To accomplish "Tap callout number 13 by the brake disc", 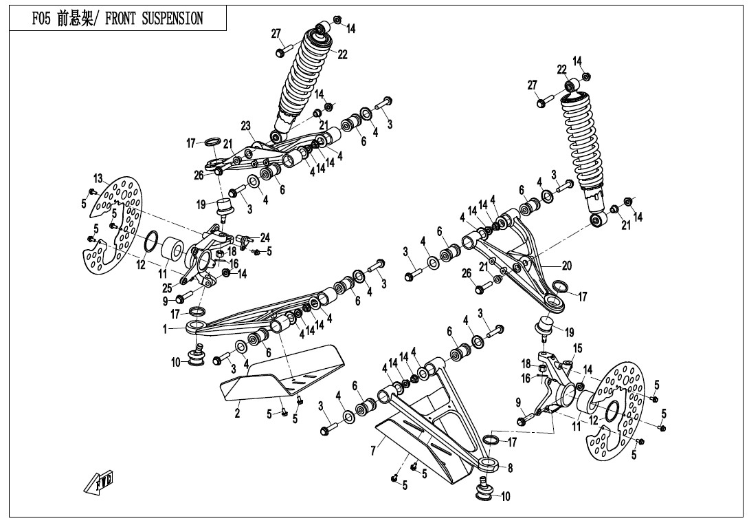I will [x=98, y=178].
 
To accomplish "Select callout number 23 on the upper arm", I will [x=246, y=126].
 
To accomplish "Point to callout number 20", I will [x=567, y=266].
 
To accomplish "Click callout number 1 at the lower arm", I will [x=165, y=330].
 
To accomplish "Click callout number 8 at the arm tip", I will [x=509, y=468].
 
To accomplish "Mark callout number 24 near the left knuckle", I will [x=265, y=238].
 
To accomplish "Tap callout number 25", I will [x=167, y=288].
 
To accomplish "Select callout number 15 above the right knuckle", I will [x=577, y=348].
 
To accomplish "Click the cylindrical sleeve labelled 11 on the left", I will [x=174, y=252].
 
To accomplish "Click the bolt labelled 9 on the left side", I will [x=183, y=298].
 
